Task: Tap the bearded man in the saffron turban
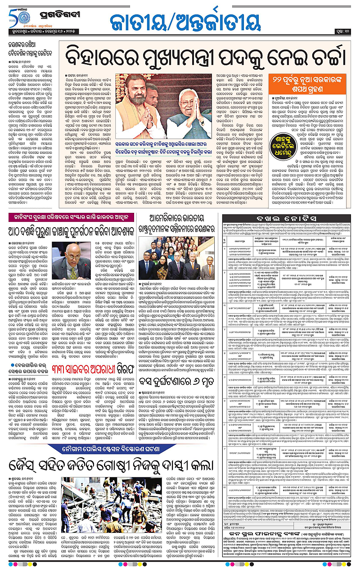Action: tap(140, 97)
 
